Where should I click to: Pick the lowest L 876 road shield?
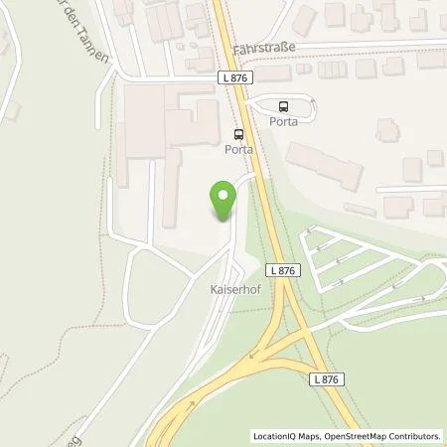[x=328, y=379]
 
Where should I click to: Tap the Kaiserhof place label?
[x=234, y=292]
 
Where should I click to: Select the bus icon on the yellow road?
[x=237, y=134]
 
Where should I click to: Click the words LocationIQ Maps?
[x=287, y=436]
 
